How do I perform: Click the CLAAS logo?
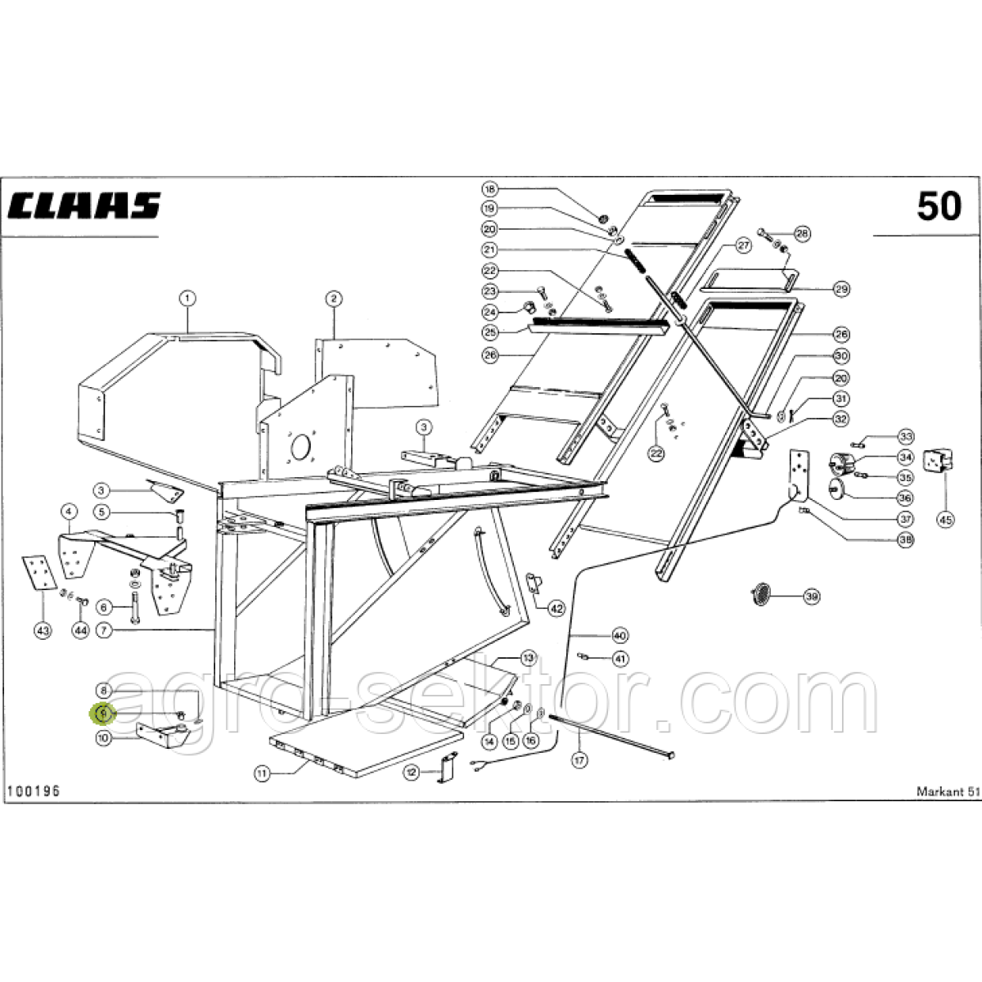[84, 206]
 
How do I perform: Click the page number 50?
[939, 206]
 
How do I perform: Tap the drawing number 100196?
[33, 791]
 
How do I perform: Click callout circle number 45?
[945, 519]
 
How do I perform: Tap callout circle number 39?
[810, 597]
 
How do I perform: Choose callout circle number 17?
[579, 760]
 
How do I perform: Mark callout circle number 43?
[43, 630]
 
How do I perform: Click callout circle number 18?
[489, 188]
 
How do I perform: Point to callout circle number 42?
[556, 608]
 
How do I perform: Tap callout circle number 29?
[841, 289]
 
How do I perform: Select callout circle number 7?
[103, 630]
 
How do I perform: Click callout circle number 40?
[619, 635]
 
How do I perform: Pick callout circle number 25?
[489, 333]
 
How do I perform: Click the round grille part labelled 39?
[763, 592]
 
